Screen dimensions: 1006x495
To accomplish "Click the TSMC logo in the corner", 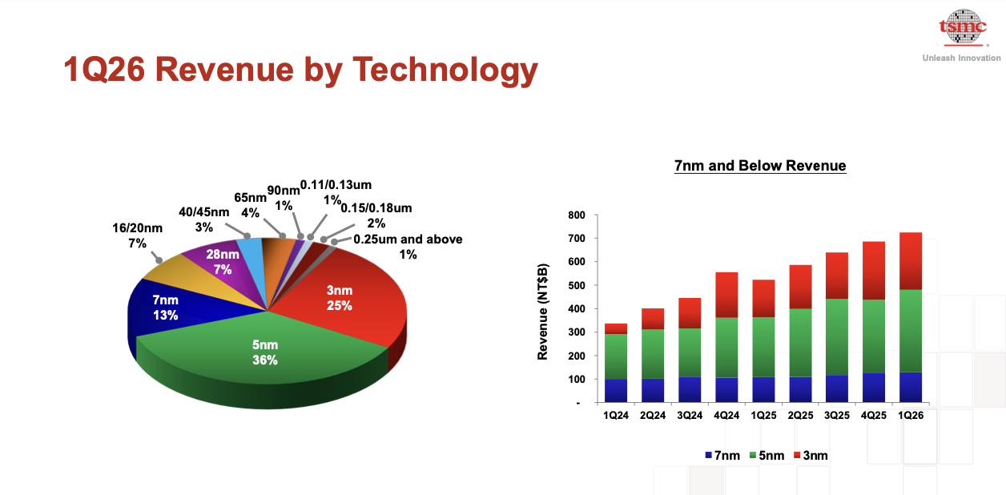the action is pos(963,28).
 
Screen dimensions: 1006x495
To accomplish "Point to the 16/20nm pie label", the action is pos(138,235).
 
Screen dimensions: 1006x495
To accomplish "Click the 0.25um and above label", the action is pos(408,247).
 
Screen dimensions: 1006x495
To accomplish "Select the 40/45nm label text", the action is pos(204,219).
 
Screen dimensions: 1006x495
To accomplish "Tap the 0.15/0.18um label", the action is pos(376,215).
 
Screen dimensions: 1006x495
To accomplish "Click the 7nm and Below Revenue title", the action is pos(760,166).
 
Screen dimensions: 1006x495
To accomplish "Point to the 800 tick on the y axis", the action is pos(577,215).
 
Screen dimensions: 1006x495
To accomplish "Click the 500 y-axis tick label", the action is pos(577,285).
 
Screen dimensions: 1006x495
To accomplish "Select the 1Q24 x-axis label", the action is pos(616,416).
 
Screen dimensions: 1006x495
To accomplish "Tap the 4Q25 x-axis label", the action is pos(874,416).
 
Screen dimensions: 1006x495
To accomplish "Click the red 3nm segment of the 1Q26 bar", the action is pos(911,261).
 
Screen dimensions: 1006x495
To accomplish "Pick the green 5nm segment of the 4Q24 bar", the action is pos(726,348).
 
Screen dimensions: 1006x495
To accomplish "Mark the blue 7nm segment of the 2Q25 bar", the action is pos(800,389).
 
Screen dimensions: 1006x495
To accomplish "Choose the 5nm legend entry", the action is pos(767,456).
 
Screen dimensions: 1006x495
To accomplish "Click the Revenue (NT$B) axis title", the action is pos(542,312).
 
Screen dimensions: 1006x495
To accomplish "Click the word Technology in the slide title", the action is pos(445,70).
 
